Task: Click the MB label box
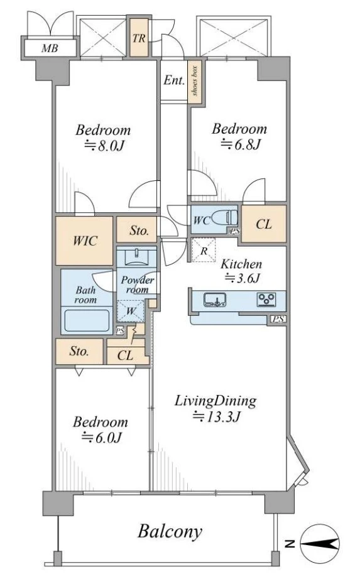coord(50,48)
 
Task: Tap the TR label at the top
coord(139,38)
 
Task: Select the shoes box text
coord(195,81)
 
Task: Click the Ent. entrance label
coord(173,80)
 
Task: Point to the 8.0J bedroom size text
coord(104,146)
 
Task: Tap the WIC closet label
coord(85,241)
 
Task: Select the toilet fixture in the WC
coord(226,217)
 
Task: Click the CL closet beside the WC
coord(264,224)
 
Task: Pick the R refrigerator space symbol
coord(204,251)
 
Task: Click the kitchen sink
coord(215,300)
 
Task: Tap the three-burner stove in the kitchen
coord(267,299)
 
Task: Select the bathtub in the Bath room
coord(87,321)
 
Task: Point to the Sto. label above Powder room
coord(139,231)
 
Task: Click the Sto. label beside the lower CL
coord(79,351)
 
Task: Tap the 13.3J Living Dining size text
coord(217,416)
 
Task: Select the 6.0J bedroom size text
coord(101,438)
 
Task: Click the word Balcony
coord(170,532)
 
